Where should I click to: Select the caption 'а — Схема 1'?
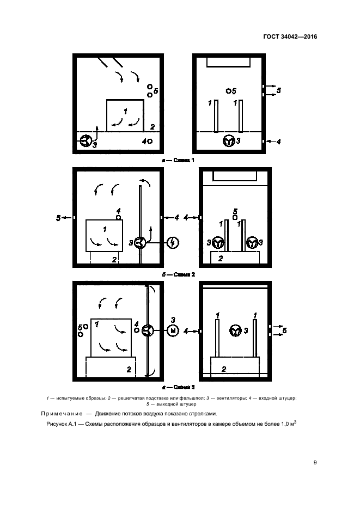click(x=178, y=160)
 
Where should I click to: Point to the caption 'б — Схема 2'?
click(x=178, y=274)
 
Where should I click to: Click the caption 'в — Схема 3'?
click(x=178, y=388)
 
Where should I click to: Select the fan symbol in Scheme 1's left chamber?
click(x=86, y=142)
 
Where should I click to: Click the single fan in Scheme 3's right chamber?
click(x=236, y=330)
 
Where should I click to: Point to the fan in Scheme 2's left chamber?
click(x=141, y=243)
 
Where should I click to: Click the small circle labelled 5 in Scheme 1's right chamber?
click(x=228, y=90)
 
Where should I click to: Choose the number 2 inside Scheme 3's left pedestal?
click(x=129, y=369)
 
